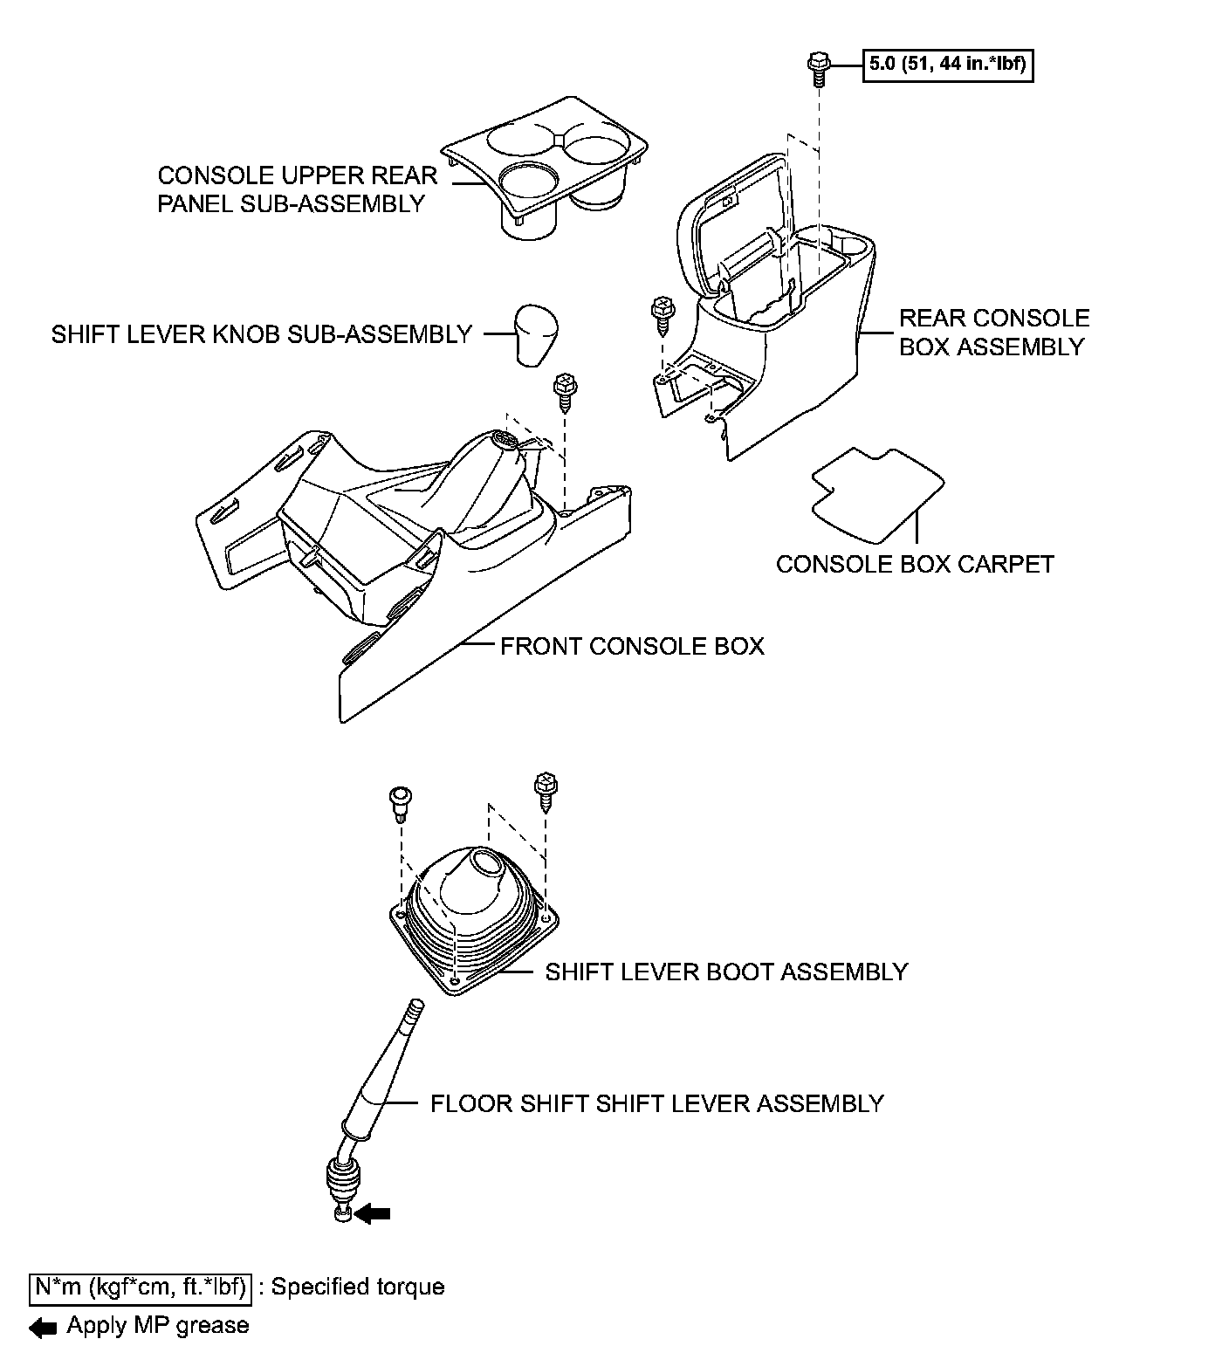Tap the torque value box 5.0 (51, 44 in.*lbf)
(948, 64)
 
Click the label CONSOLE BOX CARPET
(914, 564)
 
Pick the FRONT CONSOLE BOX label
(631, 646)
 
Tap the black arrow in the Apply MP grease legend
(43, 1328)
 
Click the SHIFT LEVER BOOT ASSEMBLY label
(725, 972)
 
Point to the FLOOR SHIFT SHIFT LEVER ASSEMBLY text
(656, 1103)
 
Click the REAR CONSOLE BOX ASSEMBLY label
(993, 332)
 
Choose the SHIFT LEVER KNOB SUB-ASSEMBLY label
(261, 334)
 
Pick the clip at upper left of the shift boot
(400, 800)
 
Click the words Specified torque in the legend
(358, 1287)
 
